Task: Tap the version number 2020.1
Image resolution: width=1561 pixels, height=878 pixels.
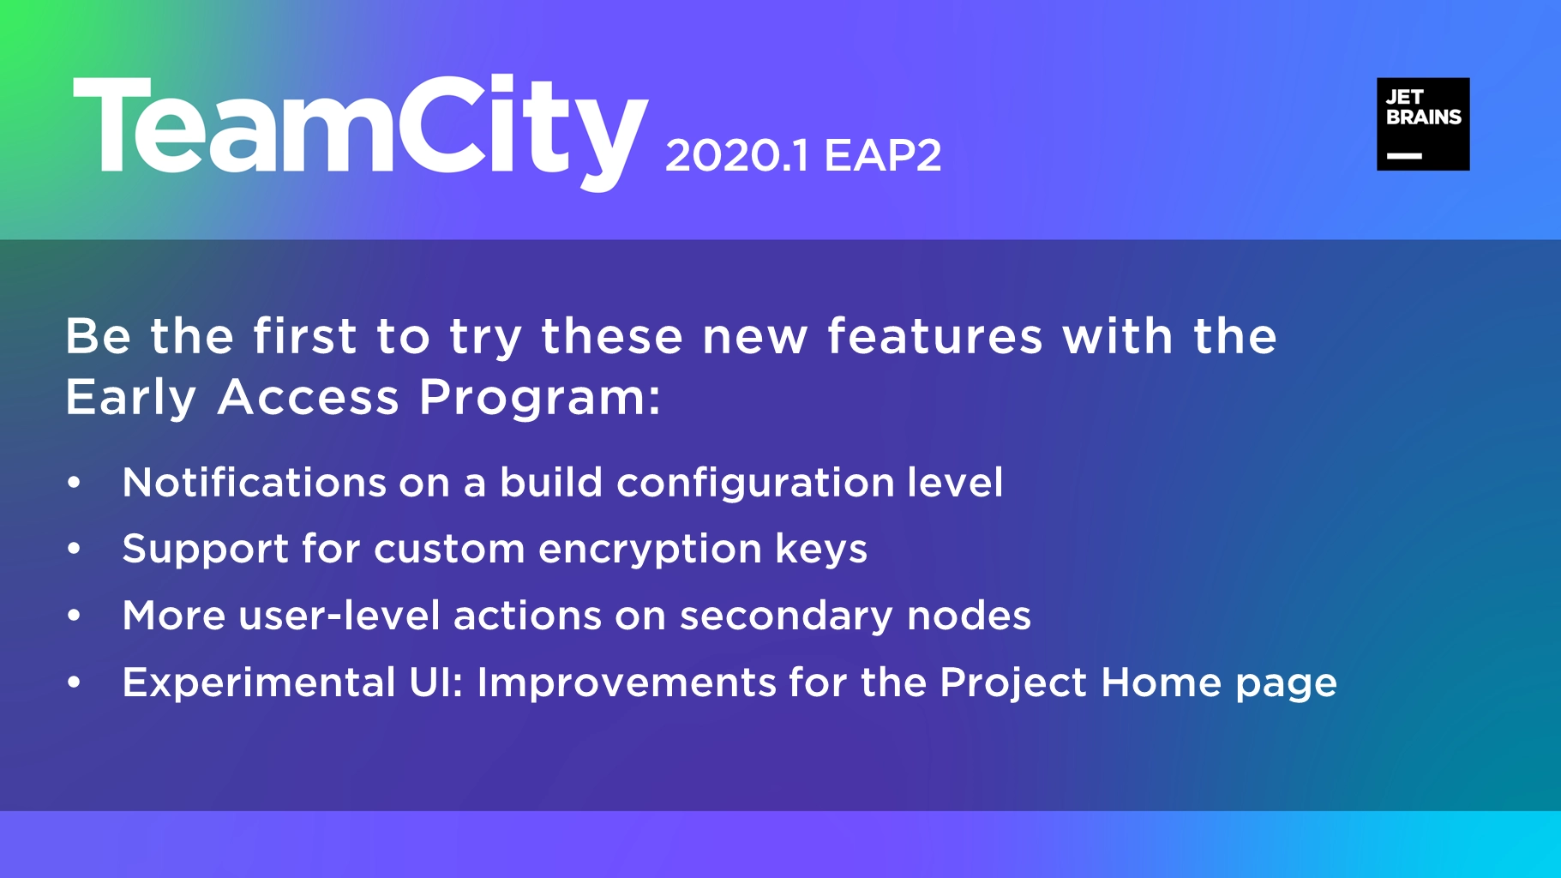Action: [736, 156]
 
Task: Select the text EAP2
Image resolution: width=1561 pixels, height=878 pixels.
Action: [883, 156]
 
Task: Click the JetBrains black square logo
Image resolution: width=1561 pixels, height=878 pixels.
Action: [1423, 124]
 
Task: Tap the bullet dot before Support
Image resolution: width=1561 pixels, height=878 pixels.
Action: [75, 549]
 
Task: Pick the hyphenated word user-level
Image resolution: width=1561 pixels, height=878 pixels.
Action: [339, 616]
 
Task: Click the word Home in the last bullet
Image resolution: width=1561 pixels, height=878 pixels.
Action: [1162, 683]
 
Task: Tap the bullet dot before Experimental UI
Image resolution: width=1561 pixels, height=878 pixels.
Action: [75, 683]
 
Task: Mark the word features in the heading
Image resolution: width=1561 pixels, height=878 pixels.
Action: [935, 335]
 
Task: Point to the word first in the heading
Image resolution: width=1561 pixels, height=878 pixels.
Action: [304, 335]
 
